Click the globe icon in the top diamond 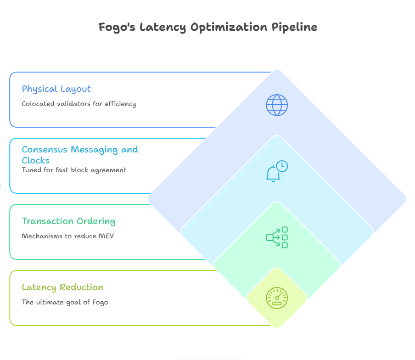[x=277, y=105]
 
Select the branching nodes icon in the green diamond [x=277, y=237]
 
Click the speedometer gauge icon [x=277, y=298]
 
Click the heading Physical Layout [x=56, y=89]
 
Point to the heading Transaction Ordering [x=68, y=221]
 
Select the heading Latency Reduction [x=62, y=287]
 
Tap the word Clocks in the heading [x=36, y=160]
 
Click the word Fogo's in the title [x=117, y=27]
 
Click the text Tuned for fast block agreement [x=74, y=170]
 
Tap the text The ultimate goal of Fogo [x=65, y=302]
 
